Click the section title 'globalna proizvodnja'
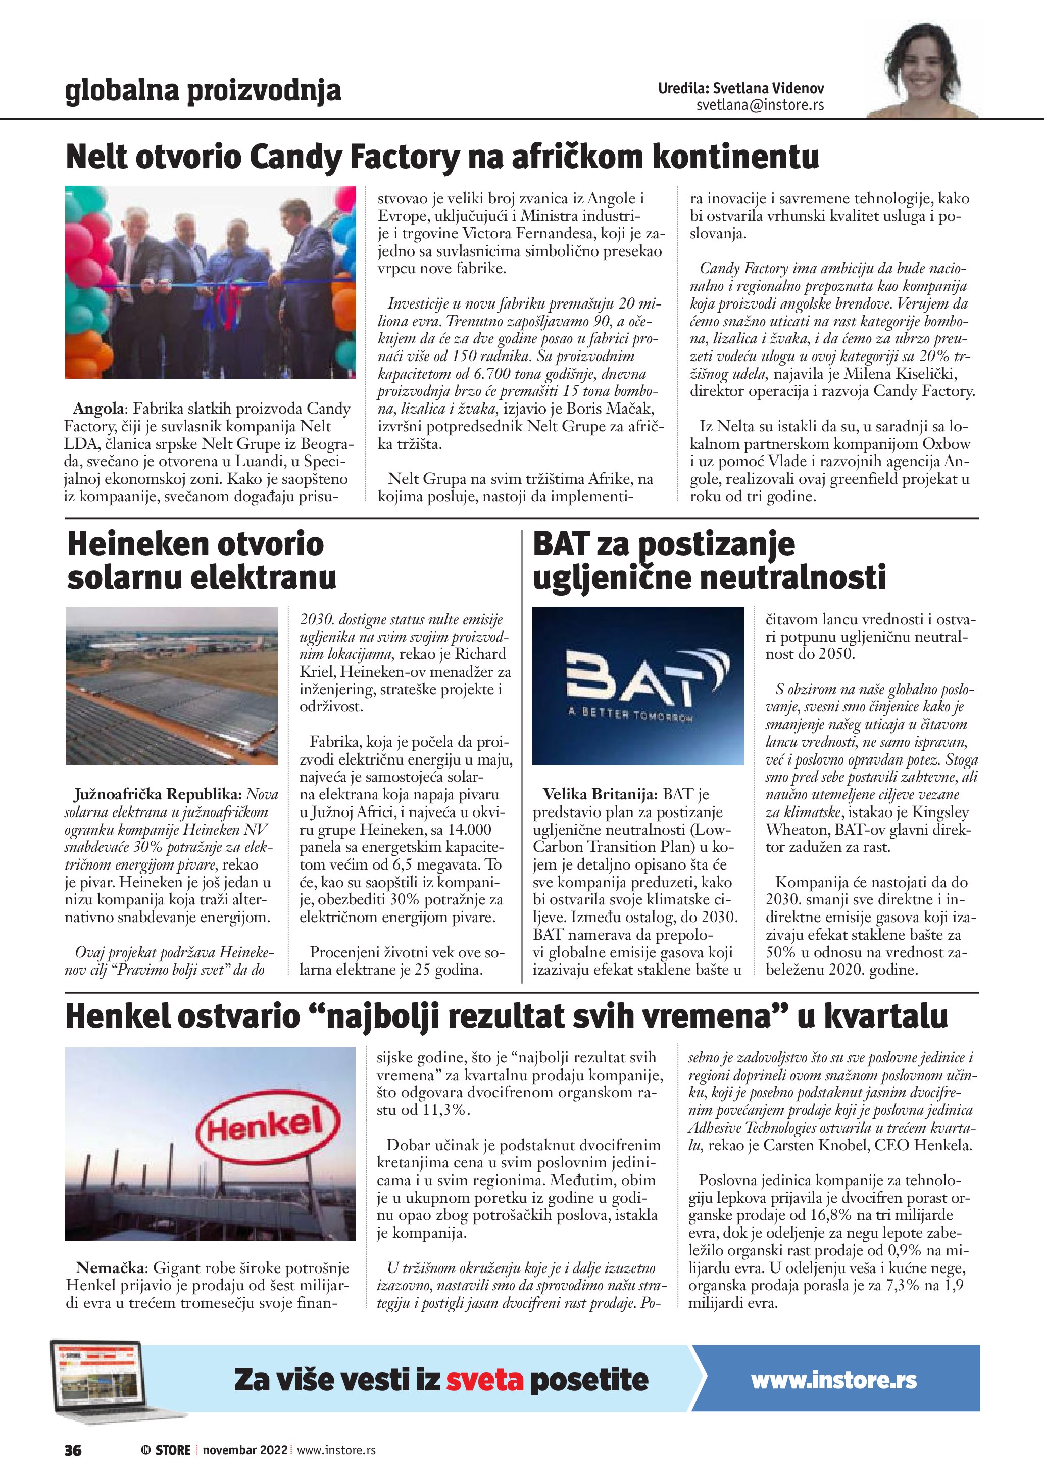point(203,91)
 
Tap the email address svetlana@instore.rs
point(760,105)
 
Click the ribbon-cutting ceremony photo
point(210,282)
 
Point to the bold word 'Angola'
point(100,409)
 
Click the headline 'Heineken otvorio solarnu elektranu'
point(201,561)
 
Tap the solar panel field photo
point(172,685)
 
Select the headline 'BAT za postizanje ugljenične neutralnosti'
point(709,561)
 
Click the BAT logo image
point(638,685)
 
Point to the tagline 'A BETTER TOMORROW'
point(630,714)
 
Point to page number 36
point(73,1450)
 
